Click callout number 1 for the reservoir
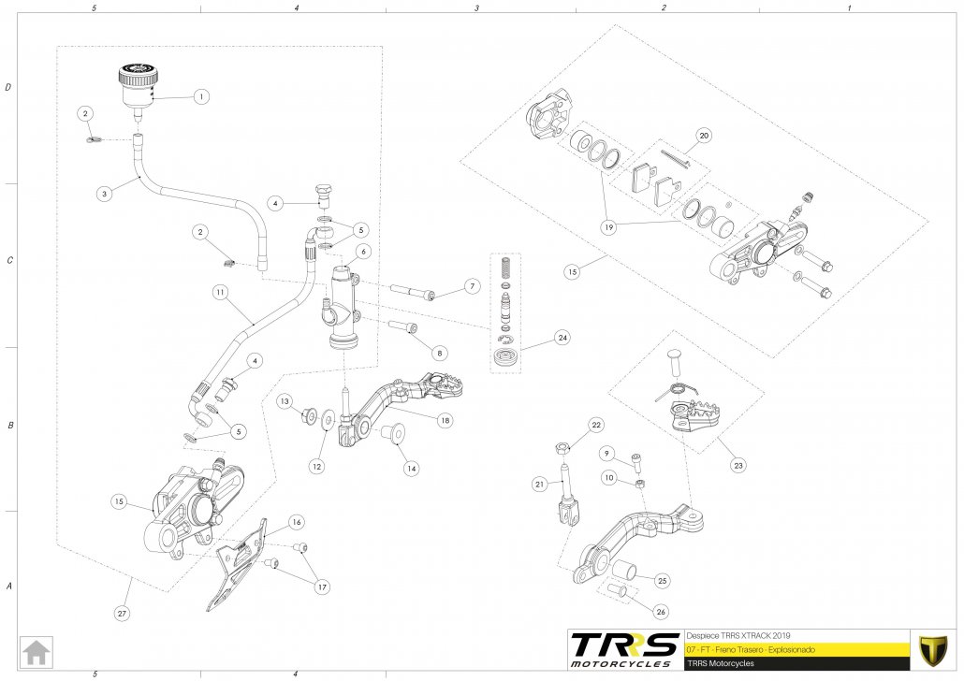[x=200, y=95]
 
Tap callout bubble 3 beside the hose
[x=105, y=194]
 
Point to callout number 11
[x=218, y=293]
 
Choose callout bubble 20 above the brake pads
[x=704, y=135]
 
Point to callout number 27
[x=123, y=614]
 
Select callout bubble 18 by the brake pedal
[x=444, y=421]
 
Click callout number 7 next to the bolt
[x=473, y=285]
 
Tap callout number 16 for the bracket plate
[x=296, y=522]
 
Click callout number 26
[x=662, y=613]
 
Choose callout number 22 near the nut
[x=596, y=425]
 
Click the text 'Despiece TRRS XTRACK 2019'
[x=738, y=633]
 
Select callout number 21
[x=540, y=484]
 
